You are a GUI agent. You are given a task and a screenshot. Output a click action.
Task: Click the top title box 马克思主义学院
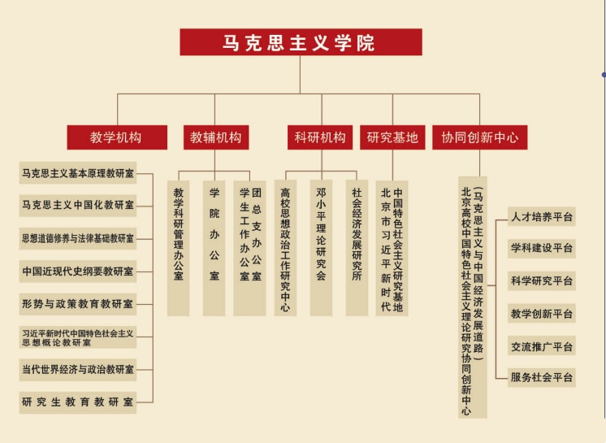coord(301,41)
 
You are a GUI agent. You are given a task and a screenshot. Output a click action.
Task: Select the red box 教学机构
coord(117,137)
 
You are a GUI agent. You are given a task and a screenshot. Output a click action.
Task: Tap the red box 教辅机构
coord(216,137)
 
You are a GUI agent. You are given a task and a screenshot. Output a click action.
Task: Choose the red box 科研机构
coord(320,137)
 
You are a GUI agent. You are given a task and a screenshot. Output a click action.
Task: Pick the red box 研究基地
coord(392,137)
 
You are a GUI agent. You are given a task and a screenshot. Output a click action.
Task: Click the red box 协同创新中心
coord(479,137)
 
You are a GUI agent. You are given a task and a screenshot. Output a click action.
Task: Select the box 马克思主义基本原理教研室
coord(78,173)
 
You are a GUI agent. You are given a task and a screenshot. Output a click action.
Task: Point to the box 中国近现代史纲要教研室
coord(78,271)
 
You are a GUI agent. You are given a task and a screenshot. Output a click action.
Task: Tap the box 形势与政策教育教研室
coord(78,304)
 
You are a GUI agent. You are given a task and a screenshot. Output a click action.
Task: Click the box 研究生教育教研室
coord(78,402)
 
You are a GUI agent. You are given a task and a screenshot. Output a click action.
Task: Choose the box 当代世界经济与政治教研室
coord(78,370)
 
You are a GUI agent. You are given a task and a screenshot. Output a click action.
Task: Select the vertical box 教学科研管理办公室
coord(178,248)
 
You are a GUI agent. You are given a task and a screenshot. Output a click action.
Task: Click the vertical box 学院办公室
coord(214,248)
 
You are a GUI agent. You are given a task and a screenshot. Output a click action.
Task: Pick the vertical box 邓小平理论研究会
coord(321,248)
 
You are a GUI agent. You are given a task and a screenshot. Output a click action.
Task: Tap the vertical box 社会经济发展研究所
coord(357,248)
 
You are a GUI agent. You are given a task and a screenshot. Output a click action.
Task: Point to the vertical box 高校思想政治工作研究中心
coord(285,248)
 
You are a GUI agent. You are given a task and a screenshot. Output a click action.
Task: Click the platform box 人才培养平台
coord(542,217)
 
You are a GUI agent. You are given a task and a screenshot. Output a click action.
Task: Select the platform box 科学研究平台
coord(542,281)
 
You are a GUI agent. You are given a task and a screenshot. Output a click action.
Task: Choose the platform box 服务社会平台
coord(542,377)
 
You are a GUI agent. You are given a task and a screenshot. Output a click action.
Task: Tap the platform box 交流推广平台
coord(542,346)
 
